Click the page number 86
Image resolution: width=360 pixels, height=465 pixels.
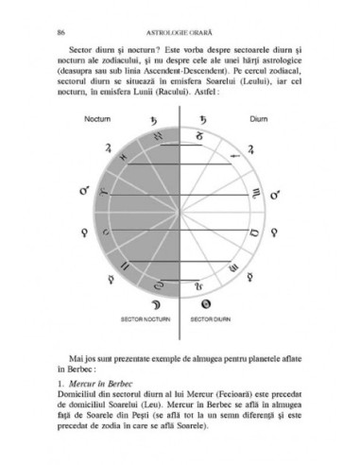click(x=61, y=18)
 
